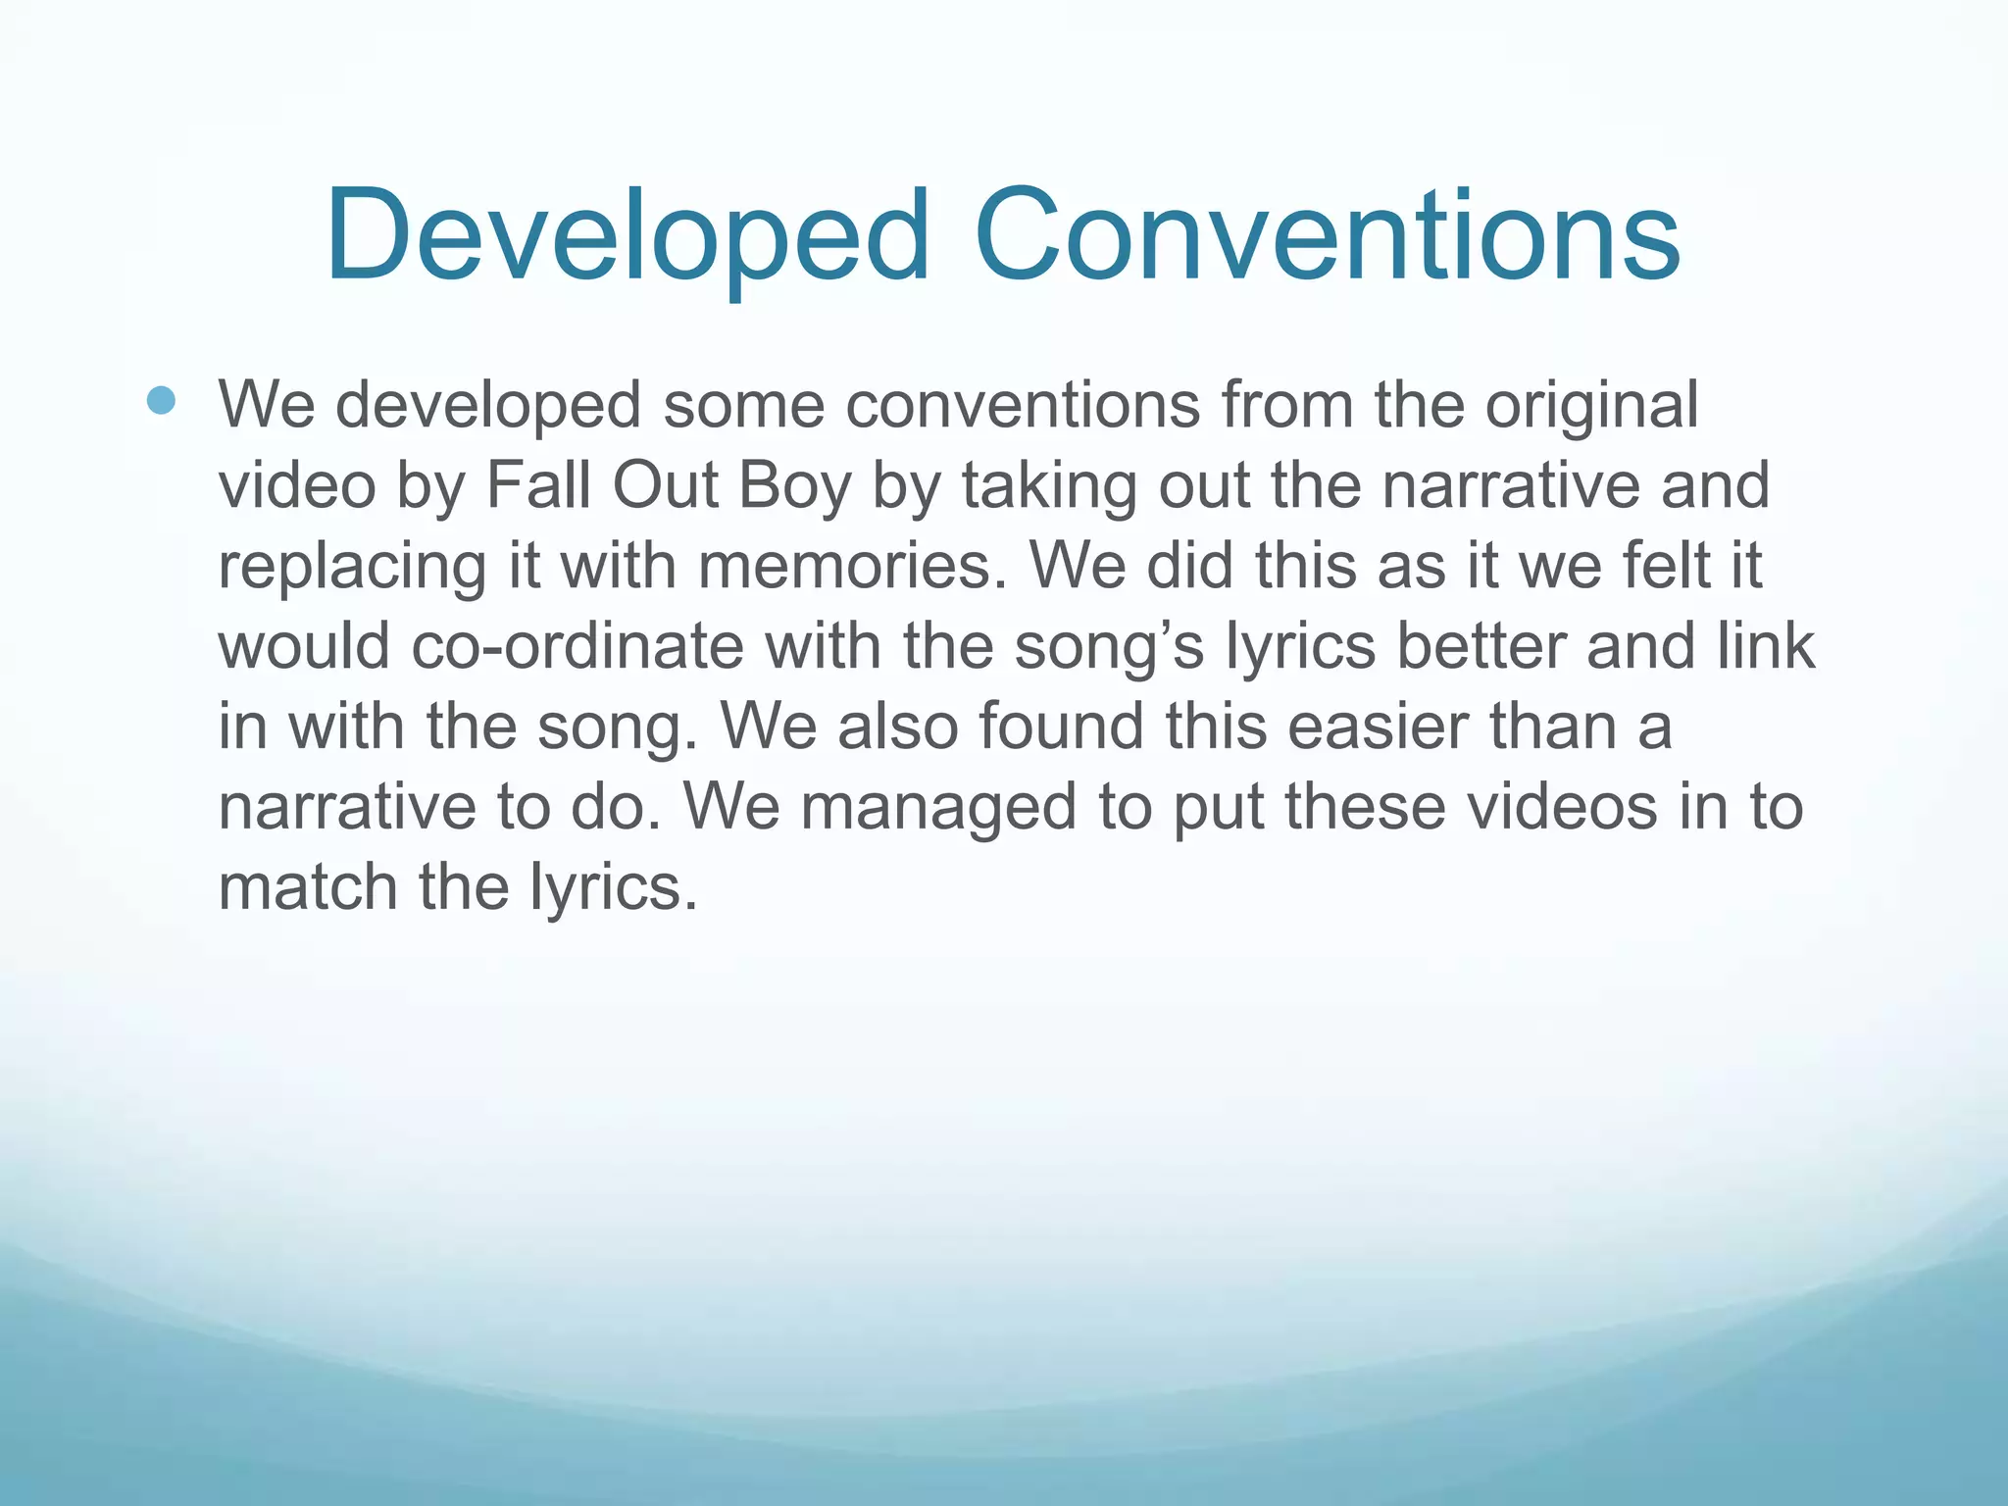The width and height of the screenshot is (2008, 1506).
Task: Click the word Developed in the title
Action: [627, 237]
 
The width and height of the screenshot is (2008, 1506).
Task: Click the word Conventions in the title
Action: [1328, 237]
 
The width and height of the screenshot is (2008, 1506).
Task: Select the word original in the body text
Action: [1591, 406]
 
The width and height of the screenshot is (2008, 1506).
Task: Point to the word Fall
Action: [538, 486]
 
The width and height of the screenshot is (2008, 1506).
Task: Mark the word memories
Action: [852, 567]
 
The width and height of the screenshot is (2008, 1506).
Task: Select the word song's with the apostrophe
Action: [1108, 647]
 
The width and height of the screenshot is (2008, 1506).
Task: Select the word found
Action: [1061, 728]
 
